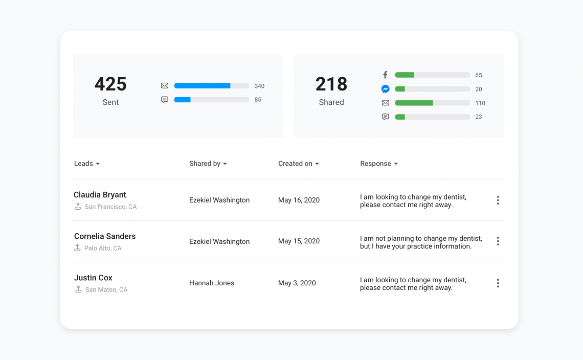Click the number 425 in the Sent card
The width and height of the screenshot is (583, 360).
coord(110,84)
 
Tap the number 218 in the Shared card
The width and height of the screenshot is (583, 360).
coord(331,84)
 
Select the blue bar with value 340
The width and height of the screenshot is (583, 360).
coord(203,86)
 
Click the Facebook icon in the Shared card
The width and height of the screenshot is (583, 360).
coord(385,75)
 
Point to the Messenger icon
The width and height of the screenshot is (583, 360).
coord(386,89)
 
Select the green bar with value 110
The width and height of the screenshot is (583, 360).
coord(414,103)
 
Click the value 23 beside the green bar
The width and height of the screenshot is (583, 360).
coord(479,117)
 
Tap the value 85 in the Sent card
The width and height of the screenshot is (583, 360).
coord(258,100)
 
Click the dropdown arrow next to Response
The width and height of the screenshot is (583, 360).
coord(396,164)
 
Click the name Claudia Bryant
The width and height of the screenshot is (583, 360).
coord(100,195)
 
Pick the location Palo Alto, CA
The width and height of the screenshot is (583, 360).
coord(103,248)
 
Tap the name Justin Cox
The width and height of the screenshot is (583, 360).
coord(93,278)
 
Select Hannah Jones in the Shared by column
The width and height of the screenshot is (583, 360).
coord(212,283)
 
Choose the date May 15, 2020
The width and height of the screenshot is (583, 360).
coord(299,241)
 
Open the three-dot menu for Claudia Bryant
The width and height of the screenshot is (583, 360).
coord(498,200)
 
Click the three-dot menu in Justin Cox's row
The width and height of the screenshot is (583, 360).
coord(498,283)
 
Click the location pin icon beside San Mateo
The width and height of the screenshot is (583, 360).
coord(78,289)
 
